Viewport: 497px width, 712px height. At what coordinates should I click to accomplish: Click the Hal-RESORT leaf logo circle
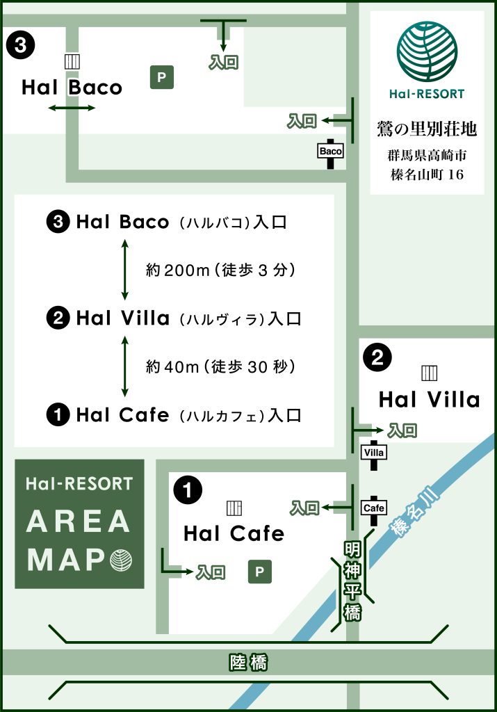[x=427, y=52]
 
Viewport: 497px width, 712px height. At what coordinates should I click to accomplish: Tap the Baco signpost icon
[x=331, y=151]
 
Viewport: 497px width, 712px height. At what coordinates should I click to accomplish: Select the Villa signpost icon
[x=374, y=452]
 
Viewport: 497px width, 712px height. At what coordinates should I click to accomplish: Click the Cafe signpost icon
[x=374, y=508]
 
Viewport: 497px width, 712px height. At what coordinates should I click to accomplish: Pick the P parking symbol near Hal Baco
[x=162, y=77]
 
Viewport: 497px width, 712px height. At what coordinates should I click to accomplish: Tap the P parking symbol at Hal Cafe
[x=259, y=572]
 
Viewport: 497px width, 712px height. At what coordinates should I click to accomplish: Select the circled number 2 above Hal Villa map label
[x=377, y=358]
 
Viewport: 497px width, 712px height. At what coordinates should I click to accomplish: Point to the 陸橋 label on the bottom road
[x=248, y=663]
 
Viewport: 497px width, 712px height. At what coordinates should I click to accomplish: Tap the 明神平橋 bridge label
[x=353, y=581]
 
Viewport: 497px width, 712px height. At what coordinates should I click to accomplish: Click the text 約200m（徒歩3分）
[x=221, y=270]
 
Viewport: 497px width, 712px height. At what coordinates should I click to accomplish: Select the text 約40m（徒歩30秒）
[x=221, y=366]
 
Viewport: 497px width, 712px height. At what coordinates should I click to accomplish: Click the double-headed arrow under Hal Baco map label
[x=72, y=108]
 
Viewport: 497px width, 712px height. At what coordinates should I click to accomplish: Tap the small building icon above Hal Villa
[x=429, y=373]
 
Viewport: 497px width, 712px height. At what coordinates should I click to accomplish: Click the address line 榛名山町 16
[x=427, y=175]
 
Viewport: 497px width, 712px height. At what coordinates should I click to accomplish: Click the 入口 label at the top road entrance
[x=223, y=63]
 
